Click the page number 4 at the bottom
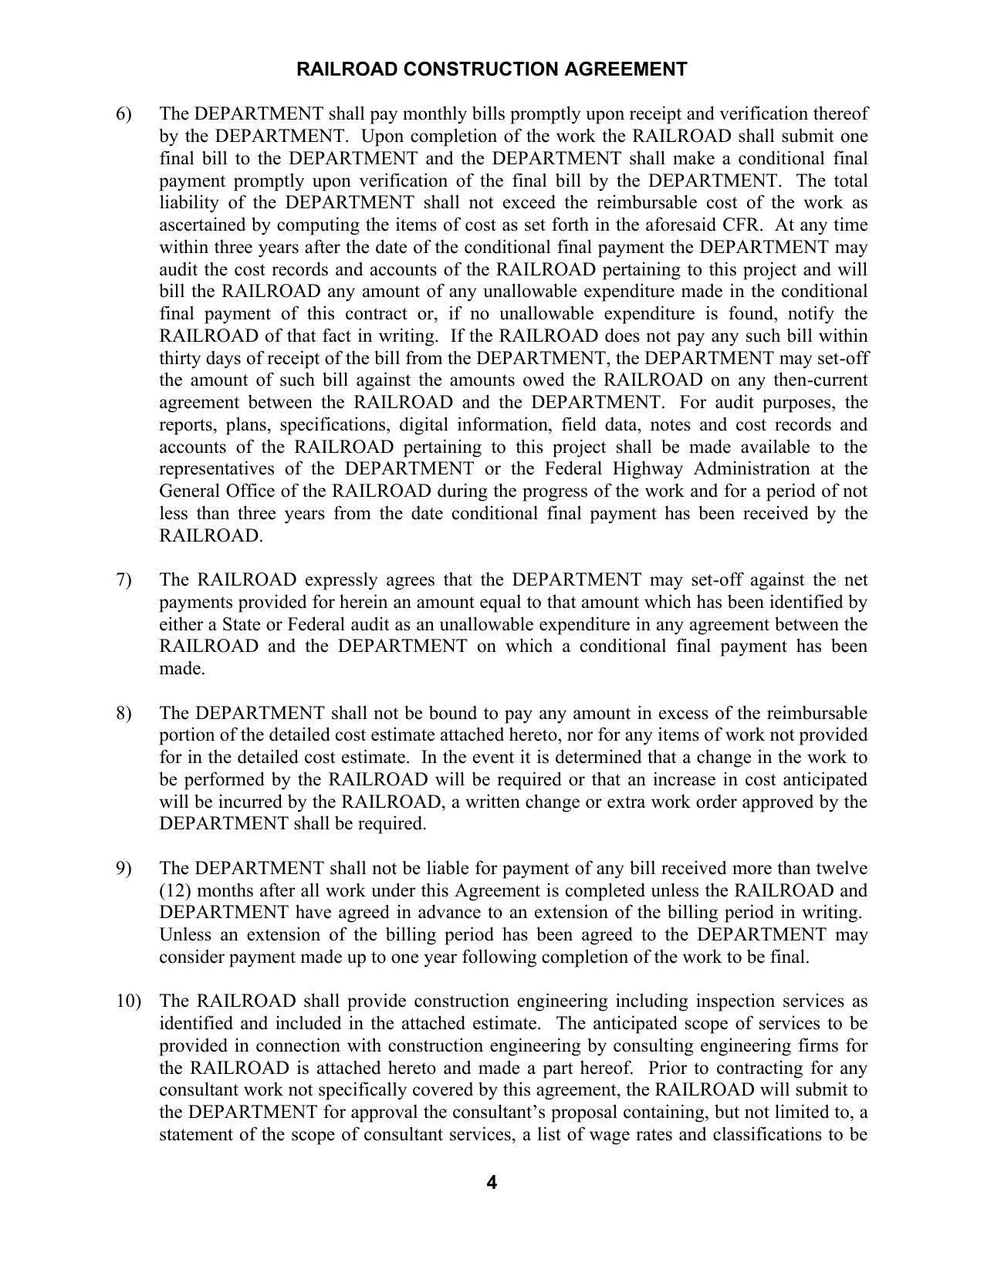[x=492, y=1183]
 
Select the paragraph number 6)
[x=124, y=114]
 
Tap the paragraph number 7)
[x=124, y=580]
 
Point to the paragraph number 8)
[x=124, y=713]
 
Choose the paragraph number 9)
[x=124, y=869]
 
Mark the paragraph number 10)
[x=129, y=1001]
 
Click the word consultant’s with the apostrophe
[x=532, y=1113]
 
